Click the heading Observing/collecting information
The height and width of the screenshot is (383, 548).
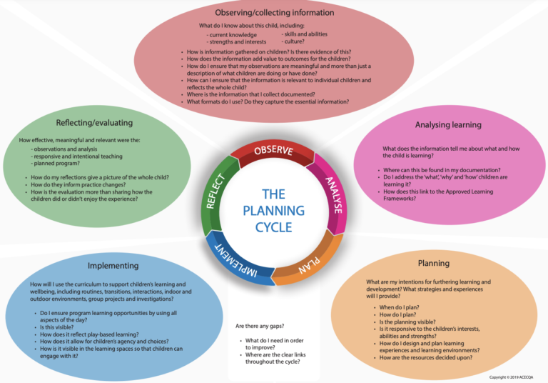273,13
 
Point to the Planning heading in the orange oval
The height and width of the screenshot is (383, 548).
433,263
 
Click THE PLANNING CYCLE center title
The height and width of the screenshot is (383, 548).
273,210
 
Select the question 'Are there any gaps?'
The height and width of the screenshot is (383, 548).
264,327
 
